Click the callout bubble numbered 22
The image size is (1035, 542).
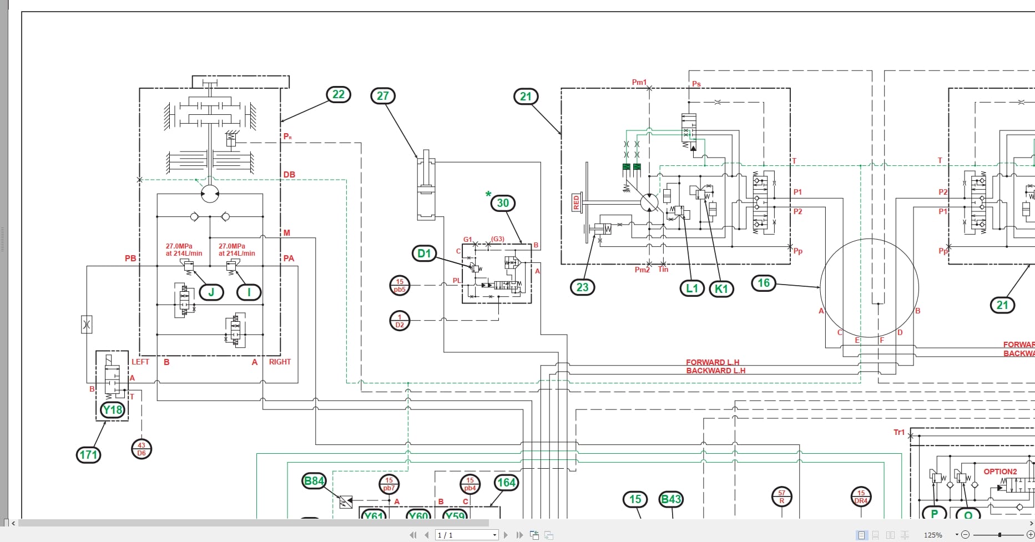339,94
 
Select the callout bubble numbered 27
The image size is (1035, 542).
383,96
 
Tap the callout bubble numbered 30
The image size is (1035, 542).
503,203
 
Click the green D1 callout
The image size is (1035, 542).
424,254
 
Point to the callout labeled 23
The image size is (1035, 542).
582,287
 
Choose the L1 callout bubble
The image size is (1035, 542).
692,288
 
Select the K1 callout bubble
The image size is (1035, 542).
721,288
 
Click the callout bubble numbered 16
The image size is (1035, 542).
764,283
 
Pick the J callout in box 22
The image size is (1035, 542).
211,292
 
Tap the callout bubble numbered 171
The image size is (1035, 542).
88,455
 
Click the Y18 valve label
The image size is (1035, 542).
113,410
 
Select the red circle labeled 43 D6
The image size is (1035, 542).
142,449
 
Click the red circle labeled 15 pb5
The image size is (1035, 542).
400,286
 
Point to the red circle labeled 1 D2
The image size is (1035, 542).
400,321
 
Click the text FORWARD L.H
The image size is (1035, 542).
713,362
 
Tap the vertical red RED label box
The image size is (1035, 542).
576,202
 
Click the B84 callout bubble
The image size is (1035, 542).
314,481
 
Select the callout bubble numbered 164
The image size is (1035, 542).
506,483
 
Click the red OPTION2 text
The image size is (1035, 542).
1000,472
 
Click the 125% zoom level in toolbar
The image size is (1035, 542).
933,535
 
